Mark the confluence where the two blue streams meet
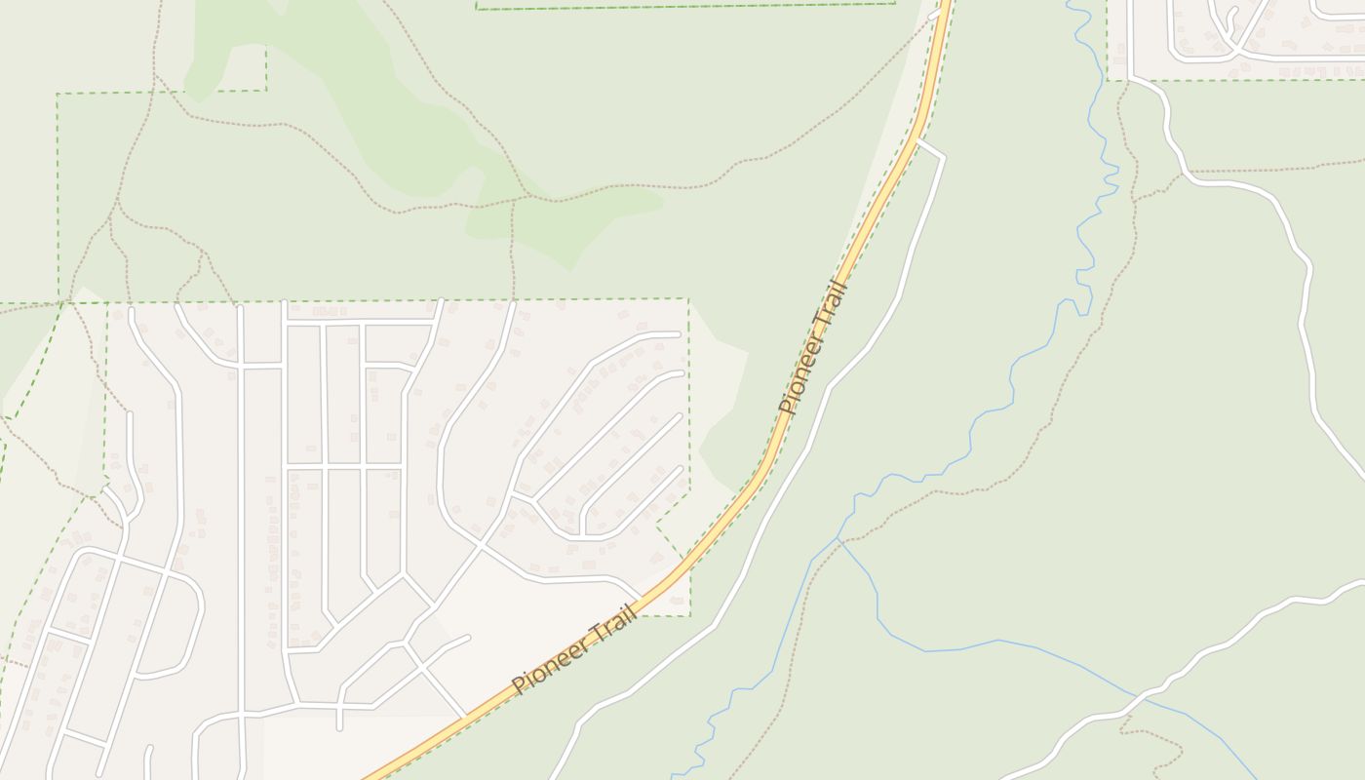[838, 538]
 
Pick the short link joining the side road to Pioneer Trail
[930, 147]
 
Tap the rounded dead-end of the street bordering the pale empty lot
[468, 638]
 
